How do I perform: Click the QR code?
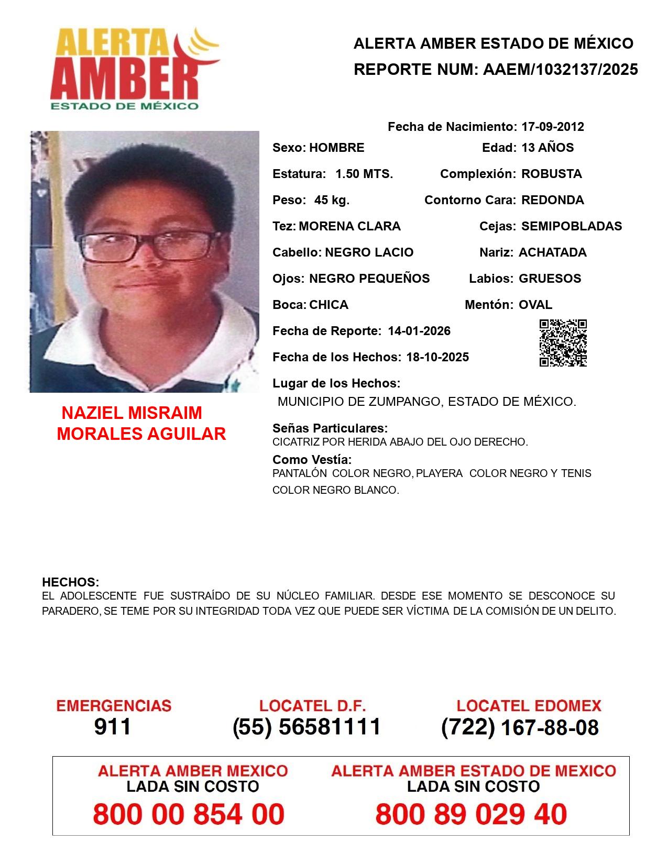(563, 343)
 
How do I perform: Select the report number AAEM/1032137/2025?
(560, 70)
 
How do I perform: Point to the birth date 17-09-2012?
(552, 127)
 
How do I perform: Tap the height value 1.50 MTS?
(364, 174)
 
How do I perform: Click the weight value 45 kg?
(332, 200)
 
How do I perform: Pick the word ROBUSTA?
(551, 174)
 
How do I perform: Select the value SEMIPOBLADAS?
(572, 226)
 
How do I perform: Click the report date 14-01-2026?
(419, 331)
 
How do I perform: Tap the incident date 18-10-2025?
(437, 357)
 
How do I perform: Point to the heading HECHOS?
(70, 582)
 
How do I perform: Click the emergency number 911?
(113, 727)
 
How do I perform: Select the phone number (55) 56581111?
(306, 727)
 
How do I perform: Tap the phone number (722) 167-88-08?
(520, 727)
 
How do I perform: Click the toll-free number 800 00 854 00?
(189, 814)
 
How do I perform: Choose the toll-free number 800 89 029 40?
(471, 814)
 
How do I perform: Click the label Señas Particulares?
(330, 428)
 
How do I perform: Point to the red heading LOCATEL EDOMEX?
(529, 706)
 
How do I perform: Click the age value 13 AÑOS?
(547, 148)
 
